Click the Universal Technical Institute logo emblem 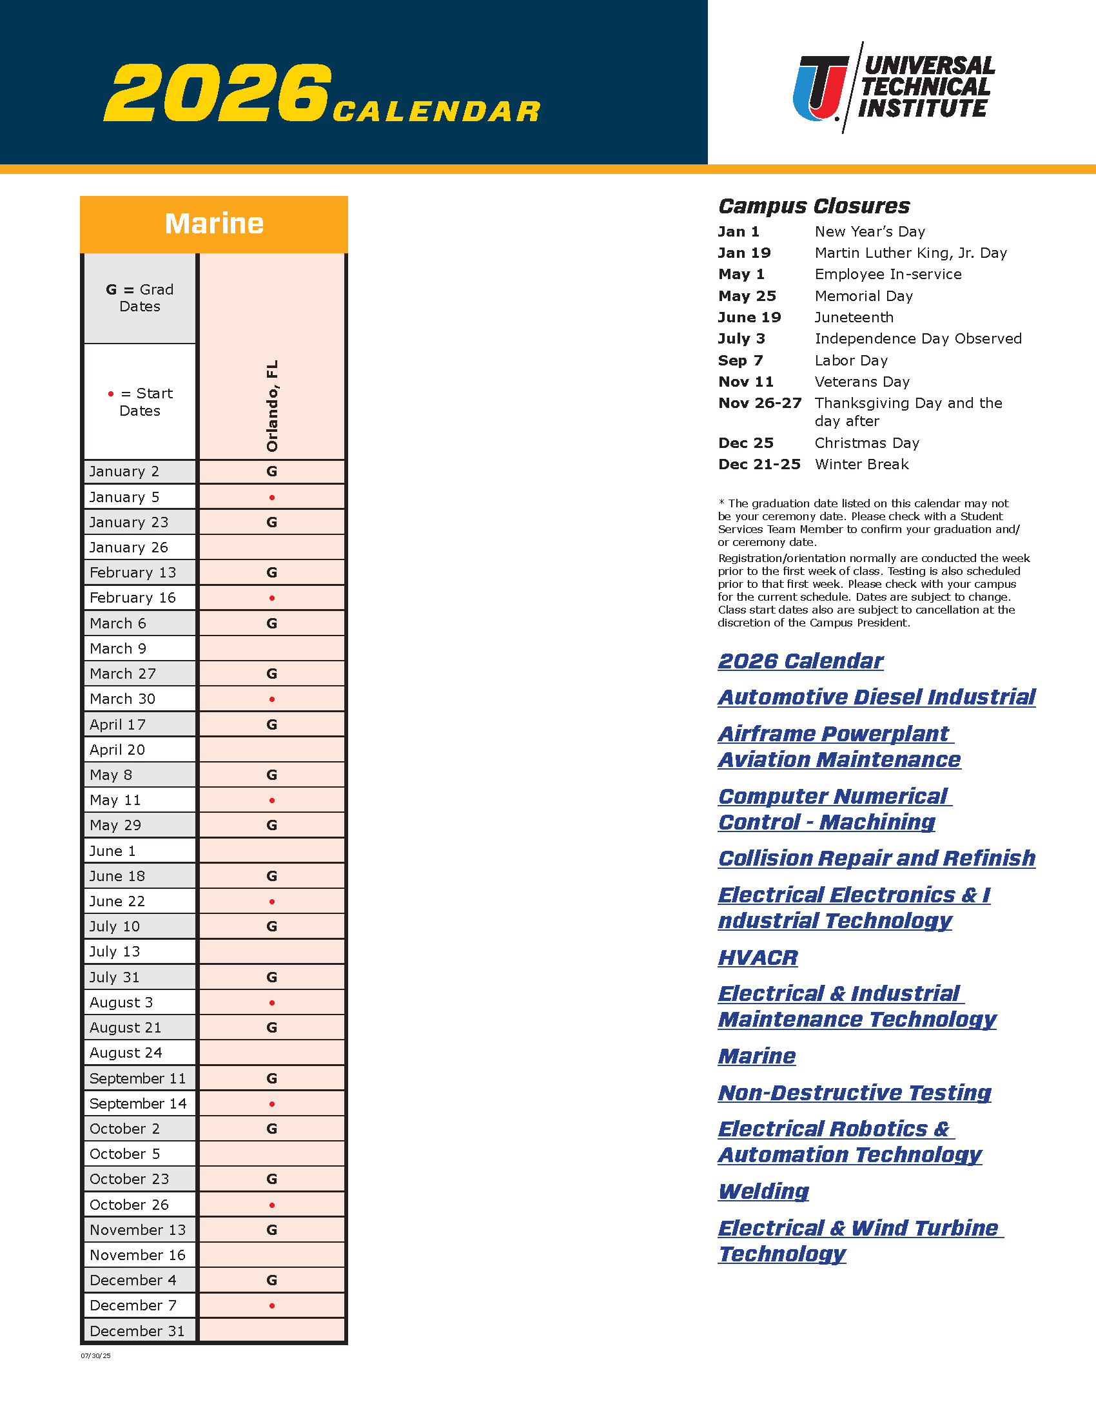click(x=821, y=88)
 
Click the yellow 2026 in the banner click(x=218, y=93)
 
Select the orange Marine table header click(x=213, y=224)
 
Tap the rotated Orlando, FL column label click(x=272, y=406)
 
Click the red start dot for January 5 click(x=272, y=498)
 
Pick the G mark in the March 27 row click(x=272, y=674)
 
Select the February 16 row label click(x=132, y=598)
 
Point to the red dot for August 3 click(x=272, y=1003)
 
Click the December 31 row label click(x=137, y=1331)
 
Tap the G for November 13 click(x=272, y=1230)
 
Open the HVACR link click(x=758, y=958)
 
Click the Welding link click(x=763, y=1191)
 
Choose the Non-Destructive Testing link click(x=854, y=1093)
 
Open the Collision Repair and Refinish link click(x=877, y=859)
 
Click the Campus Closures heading click(x=814, y=206)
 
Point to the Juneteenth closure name click(x=854, y=318)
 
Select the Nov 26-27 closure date click(x=759, y=403)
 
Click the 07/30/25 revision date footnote click(x=95, y=1355)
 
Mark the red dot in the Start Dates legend click(x=111, y=394)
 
